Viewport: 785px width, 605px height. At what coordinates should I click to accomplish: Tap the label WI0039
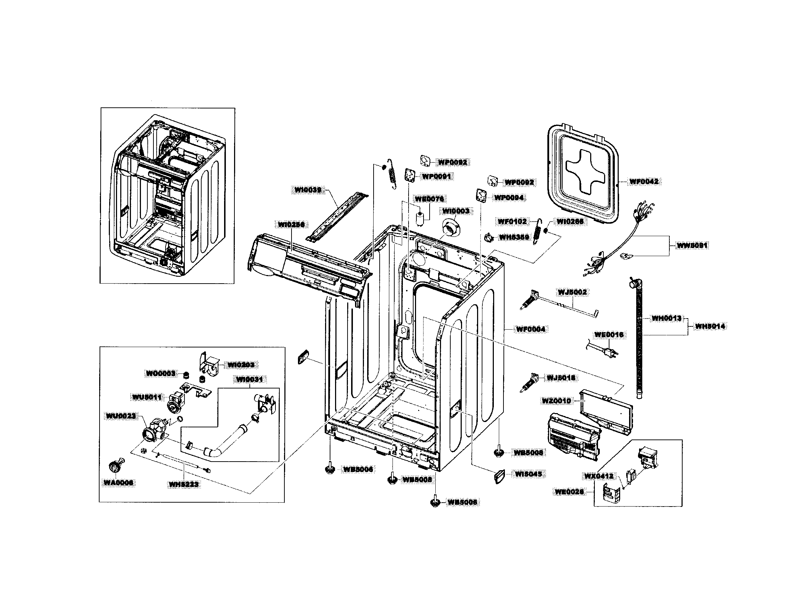[308, 190]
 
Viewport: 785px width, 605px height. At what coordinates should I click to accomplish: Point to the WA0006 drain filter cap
[115, 467]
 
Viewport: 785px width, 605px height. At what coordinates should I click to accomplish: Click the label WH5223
[184, 484]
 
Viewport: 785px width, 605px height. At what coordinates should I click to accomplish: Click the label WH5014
[710, 326]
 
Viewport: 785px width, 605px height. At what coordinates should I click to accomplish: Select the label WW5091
[692, 246]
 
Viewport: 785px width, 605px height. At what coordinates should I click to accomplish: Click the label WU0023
[121, 416]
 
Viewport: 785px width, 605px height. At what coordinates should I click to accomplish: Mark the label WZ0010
[557, 401]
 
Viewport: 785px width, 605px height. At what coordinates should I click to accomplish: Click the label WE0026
[569, 492]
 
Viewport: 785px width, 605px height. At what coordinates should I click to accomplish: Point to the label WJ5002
[572, 292]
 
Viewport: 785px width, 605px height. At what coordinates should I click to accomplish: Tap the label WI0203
[241, 365]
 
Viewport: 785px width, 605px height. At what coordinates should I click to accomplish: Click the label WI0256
[291, 224]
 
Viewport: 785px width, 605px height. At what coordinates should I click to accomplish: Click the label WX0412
[598, 476]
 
